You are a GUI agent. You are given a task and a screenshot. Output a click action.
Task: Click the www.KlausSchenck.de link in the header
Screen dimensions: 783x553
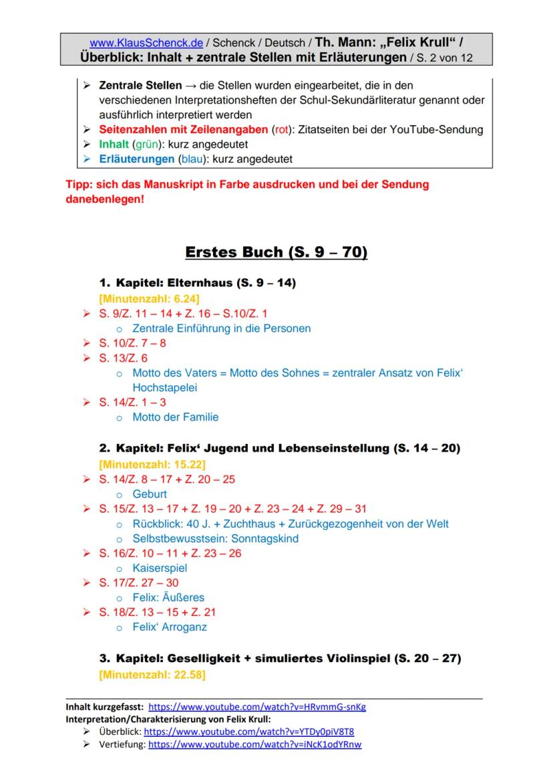pos(146,43)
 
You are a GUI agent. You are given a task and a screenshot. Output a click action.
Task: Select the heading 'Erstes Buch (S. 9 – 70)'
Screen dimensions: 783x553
pos(276,253)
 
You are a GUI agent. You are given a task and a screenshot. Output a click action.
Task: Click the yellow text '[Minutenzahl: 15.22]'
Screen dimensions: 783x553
pos(152,463)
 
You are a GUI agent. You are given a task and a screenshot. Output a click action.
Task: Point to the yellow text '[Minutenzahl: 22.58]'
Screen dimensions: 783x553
pos(152,675)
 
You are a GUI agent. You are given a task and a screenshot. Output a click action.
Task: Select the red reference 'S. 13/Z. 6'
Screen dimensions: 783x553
pos(124,358)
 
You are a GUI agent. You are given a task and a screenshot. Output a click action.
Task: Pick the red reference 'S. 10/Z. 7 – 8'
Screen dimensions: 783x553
pos(132,343)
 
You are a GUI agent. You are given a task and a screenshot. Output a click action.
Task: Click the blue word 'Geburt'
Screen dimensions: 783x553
pos(150,494)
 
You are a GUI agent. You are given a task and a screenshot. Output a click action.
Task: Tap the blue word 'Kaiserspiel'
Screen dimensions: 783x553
pos(160,568)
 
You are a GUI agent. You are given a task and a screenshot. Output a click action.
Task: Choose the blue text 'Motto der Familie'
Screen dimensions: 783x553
pos(176,417)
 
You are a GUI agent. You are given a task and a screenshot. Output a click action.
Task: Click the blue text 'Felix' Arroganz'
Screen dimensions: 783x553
pos(170,627)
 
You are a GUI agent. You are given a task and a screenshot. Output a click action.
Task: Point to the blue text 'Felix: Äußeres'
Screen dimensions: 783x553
pos(168,597)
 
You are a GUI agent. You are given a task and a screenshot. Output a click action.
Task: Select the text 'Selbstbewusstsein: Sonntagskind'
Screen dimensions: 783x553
pos(216,538)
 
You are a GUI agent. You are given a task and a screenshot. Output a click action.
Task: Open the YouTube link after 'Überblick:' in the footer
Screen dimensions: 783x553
pos(249,732)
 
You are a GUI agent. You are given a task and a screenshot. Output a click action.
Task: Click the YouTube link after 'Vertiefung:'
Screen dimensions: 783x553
pos(254,744)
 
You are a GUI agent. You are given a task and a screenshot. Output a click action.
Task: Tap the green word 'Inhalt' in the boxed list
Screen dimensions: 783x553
pos(114,144)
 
